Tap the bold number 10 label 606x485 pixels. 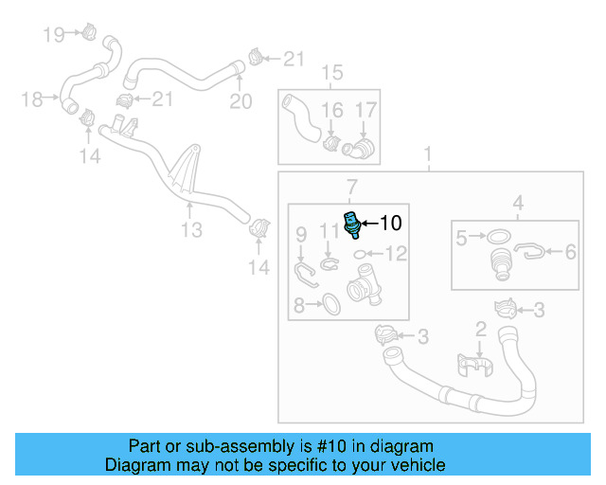tap(390, 225)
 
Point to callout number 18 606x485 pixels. tap(32, 99)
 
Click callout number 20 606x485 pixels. tap(241, 101)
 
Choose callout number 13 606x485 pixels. tap(191, 230)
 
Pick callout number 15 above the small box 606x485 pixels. tap(331, 73)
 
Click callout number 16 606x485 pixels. tap(331, 111)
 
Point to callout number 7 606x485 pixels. tap(351, 186)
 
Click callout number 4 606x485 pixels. tap(518, 202)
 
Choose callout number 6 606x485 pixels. tap(570, 252)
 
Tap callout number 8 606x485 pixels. tap(299, 305)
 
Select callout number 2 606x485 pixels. tap(481, 329)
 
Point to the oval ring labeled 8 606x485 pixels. tap(331, 304)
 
